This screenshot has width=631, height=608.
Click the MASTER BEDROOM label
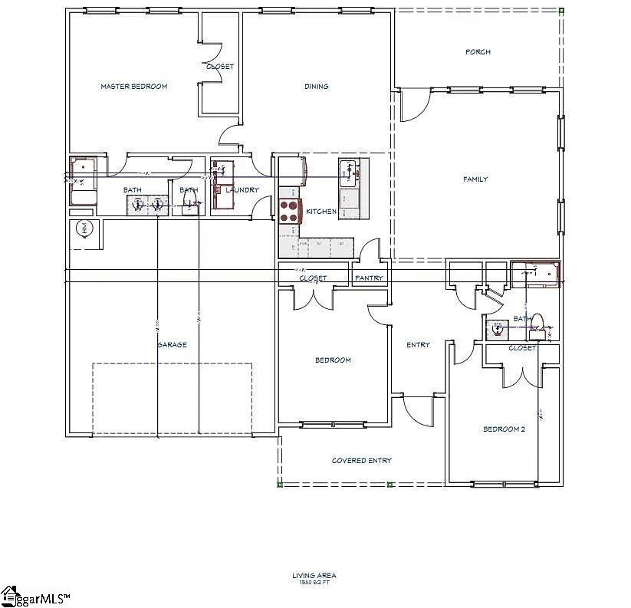click(x=133, y=87)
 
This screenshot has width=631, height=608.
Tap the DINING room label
click(x=316, y=87)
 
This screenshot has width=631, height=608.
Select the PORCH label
click(x=478, y=52)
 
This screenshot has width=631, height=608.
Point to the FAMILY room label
click(x=475, y=179)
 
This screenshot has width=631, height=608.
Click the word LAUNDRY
click(x=242, y=190)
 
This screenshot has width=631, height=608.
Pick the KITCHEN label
click(x=321, y=212)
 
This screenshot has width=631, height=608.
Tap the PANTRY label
click(x=370, y=278)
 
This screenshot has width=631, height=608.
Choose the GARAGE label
click(x=172, y=345)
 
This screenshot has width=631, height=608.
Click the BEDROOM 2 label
click(x=504, y=429)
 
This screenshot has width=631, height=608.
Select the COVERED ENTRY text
click(x=361, y=461)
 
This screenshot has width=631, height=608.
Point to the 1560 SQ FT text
click(x=314, y=583)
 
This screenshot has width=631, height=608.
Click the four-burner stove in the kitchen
click(x=289, y=211)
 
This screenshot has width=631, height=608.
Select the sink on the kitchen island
click(x=349, y=171)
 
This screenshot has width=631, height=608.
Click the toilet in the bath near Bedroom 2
click(x=537, y=325)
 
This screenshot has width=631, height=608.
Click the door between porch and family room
click(x=409, y=106)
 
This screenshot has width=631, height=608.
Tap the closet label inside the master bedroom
click(x=220, y=67)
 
